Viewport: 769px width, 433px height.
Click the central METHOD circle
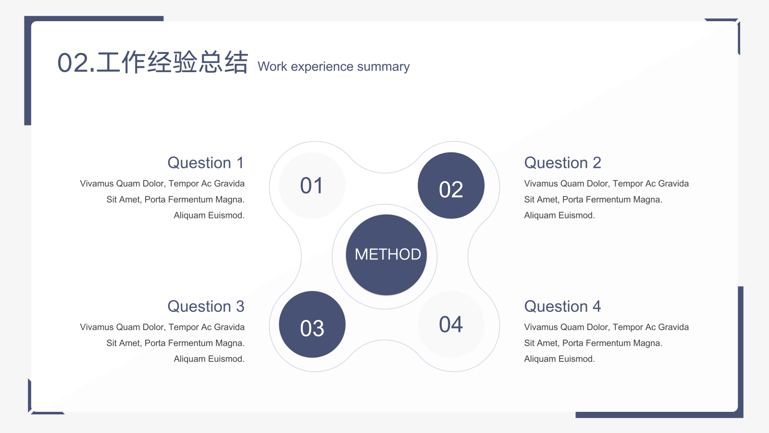point(386,255)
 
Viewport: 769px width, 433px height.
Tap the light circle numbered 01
point(312,185)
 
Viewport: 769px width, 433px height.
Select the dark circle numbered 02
point(451,185)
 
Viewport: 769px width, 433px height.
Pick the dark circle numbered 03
point(312,324)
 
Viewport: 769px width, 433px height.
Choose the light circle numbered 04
point(451,324)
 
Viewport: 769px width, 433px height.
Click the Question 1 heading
point(206,163)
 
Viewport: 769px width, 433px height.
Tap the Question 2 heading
point(563,163)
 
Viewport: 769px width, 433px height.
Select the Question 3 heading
point(206,306)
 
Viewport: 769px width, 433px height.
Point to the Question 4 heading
point(563,306)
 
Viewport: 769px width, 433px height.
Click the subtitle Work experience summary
point(334,67)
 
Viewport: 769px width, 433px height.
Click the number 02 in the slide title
point(73,63)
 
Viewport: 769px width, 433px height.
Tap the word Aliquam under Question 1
point(189,216)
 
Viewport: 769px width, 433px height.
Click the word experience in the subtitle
point(322,67)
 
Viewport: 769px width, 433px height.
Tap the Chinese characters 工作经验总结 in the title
point(172,62)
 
